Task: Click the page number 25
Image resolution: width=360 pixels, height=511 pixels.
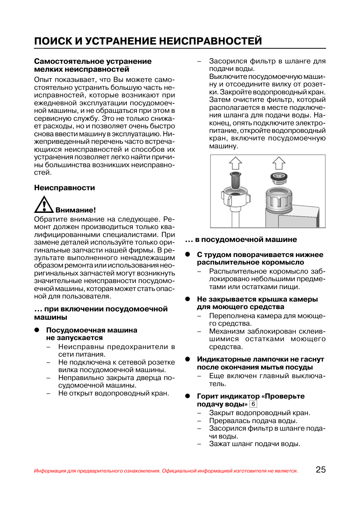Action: tap(320, 469)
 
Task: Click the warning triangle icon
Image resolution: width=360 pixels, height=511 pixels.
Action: tap(44, 205)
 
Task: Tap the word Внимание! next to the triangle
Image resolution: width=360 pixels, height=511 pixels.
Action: tap(75, 210)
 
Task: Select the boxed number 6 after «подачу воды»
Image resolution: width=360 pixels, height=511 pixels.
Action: tap(253, 404)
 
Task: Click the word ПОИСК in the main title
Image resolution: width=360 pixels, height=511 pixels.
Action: tap(53, 41)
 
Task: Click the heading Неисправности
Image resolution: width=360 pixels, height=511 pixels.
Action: tap(65, 188)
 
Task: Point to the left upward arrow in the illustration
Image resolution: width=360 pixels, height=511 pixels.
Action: tap(235, 163)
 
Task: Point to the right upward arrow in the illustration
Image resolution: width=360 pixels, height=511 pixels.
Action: tap(279, 163)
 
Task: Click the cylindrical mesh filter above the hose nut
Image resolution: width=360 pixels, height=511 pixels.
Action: tap(235, 180)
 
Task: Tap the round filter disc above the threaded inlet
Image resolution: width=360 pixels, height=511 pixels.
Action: tap(279, 176)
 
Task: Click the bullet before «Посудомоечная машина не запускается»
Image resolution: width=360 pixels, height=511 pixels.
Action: tap(37, 330)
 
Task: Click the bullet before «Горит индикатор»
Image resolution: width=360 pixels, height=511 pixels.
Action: tap(188, 396)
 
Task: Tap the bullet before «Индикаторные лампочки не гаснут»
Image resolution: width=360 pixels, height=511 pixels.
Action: tap(188, 359)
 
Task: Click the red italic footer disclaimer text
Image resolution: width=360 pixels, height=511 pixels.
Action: tap(166, 471)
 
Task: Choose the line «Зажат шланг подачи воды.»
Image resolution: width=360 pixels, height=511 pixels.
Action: tap(255, 444)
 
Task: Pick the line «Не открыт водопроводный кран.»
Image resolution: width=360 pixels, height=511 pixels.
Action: tap(114, 393)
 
